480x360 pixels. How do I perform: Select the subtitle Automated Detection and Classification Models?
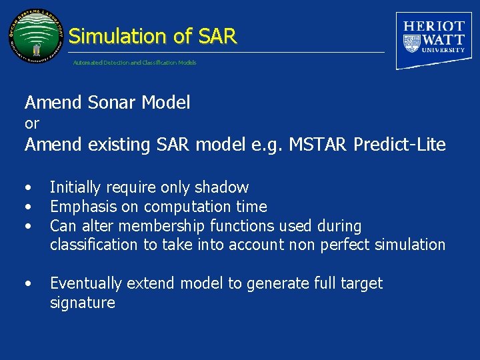click(x=135, y=63)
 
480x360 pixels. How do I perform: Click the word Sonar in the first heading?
click(x=109, y=103)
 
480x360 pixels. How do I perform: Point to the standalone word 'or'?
click(x=32, y=123)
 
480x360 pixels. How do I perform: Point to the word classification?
click(x=93, y=245)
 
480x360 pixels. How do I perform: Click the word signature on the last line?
click(x=82, y=303)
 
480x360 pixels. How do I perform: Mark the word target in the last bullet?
click(x=361, y=284)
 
